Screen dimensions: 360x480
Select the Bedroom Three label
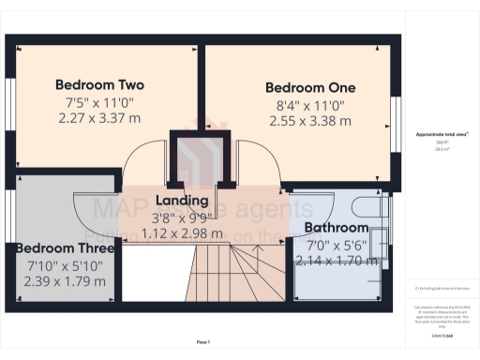[x=65, y=248]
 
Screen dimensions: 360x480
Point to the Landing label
[x=182, y=200]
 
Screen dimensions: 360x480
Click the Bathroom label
[x=337, y=228]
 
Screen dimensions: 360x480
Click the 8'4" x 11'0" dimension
[x=310, y=105]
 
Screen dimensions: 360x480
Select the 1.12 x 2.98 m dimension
[x=182, y=233]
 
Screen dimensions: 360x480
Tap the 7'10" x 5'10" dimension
[x=65, y=266]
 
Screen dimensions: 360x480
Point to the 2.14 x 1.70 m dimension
[x=337, y=260]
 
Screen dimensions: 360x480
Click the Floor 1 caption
[x=202, y=342]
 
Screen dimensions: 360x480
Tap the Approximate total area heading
[x=441, y=134]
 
